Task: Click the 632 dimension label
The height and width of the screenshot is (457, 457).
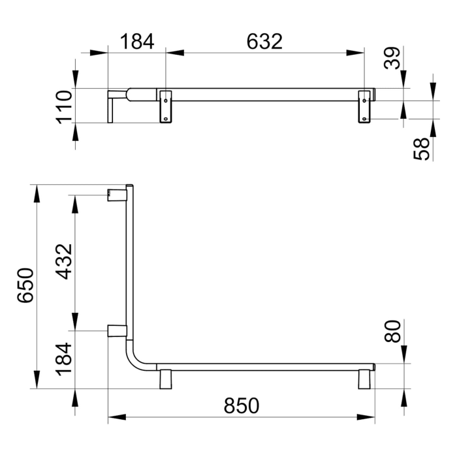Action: [265, 41]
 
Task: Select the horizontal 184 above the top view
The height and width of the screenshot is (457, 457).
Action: [137, 41]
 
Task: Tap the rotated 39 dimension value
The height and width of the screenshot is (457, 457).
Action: [392, 58]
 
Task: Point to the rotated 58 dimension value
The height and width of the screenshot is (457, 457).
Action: [424, 149]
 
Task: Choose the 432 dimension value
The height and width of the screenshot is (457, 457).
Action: [64, 261]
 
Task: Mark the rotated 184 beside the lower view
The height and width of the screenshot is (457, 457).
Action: [64, 358]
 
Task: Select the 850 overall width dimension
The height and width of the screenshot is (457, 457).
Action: [242, 405]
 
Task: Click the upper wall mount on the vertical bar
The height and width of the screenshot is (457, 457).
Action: [116, 193]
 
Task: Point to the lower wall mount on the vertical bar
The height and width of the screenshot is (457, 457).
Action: [116, 330]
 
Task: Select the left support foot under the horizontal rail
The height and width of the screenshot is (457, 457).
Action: [165, 379]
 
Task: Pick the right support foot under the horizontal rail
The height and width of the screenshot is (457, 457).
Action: [364, 379]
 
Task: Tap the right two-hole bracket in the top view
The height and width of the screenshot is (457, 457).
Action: [365, 106]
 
